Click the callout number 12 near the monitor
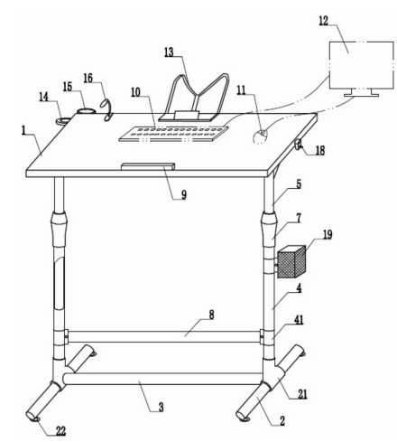click(x=324, y=21)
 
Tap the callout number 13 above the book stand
click(x=169, y=52)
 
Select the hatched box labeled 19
click(x=291, y=261)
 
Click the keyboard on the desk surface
click(x=173, y=134)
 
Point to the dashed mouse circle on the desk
click(x=261, y=137)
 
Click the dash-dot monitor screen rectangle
click(x=362, y=65)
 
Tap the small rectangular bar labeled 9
click(x=148, y=166)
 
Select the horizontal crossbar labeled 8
click(x=164, y=336)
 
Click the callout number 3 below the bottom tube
click(x=161, y=407)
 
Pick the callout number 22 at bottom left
click(x=60, y=431)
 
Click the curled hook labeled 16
click(x=106, y=110)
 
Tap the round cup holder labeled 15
click(x=86, y=111)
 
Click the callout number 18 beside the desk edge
click(x=320, y=150)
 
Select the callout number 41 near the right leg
click(x=298, y=320)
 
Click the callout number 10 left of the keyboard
click(x=135, y=92)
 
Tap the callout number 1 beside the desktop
click(x=23, y=131)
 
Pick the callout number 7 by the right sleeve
click(x=299, y=219)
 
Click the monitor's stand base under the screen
click(x=361, y=95)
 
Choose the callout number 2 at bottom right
click(x=282, y=421)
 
